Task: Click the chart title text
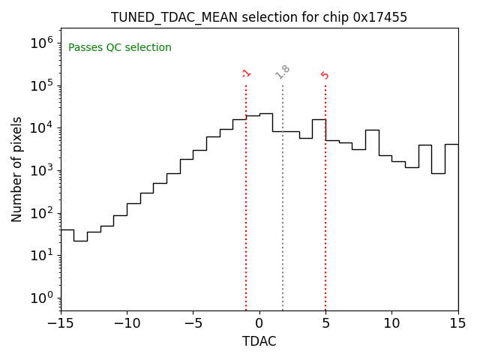[x=259, y=17]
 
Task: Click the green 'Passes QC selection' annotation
[x=120, y=48]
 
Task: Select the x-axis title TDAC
[x=259, y=341]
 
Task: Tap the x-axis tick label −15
[x=61, y=323]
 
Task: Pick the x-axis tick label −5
[x=193, y=323]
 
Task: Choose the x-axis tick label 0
[x=259, y=323]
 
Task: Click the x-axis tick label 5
[x=325, y=323]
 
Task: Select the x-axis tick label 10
[x=391, y=323]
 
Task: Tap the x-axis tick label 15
[x=457, y=323]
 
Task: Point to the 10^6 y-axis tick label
[x=41, y=43]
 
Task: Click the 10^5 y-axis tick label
[x=41, y=85]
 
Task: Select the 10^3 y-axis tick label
[x=41, y=170]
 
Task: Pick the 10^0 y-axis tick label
[x=41, y=298]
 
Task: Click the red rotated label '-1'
[x=246, y=73]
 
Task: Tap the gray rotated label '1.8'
[x=283, y=72]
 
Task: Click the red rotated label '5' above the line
[x=325, y=75]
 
